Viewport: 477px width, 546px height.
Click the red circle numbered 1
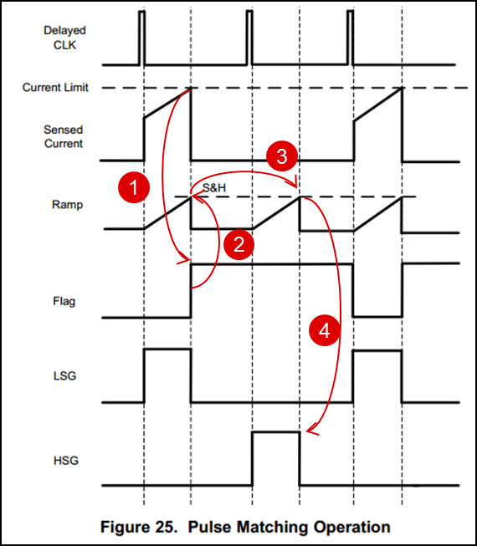pyautogui.click(x=134, y=187)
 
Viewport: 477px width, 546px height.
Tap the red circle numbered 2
pyautogui.click(x=238, y=244)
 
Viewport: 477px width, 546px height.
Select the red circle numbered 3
pyautogui.click(x=282, y=156)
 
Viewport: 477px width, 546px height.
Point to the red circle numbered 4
pyautogui.click(x=325, y=330)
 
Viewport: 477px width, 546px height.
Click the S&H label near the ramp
pyautogui.click(x=214, y=187)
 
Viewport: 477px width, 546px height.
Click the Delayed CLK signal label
pyautogui.click(x=64, y=38)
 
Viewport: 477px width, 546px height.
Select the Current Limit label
pyautogui.click(x=55, y=87)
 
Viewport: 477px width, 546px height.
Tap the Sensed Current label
pyautogui.click(x=64, y=136)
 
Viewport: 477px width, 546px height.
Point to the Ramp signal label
pyautogui.click(x=67, y=204)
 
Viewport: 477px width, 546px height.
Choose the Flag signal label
pyautogui.click(x=64, y=301)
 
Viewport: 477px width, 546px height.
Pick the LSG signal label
pyautogui.click(x=64, y=376)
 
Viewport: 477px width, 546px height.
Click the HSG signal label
pyautogui.click(x=66, y=461)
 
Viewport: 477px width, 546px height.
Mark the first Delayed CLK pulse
pyautogui.click(x=141, y=38)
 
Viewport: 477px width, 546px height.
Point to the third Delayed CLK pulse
pyautogui.click(x=350, y=38)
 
